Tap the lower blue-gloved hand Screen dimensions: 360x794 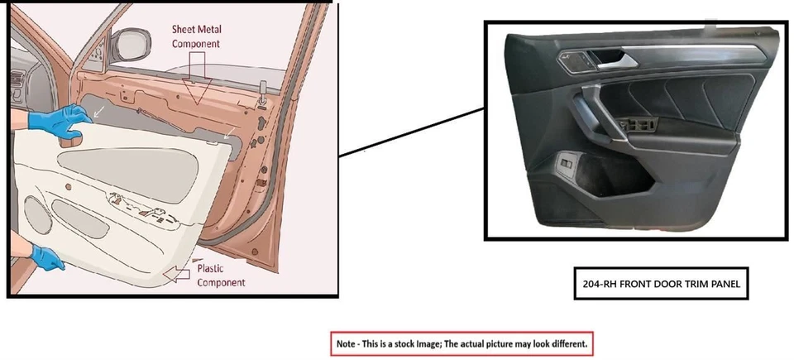click(x=48, y=257)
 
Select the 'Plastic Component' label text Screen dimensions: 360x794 click(x=221, y=276)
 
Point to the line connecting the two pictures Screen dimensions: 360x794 click(x=411, y=132)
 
